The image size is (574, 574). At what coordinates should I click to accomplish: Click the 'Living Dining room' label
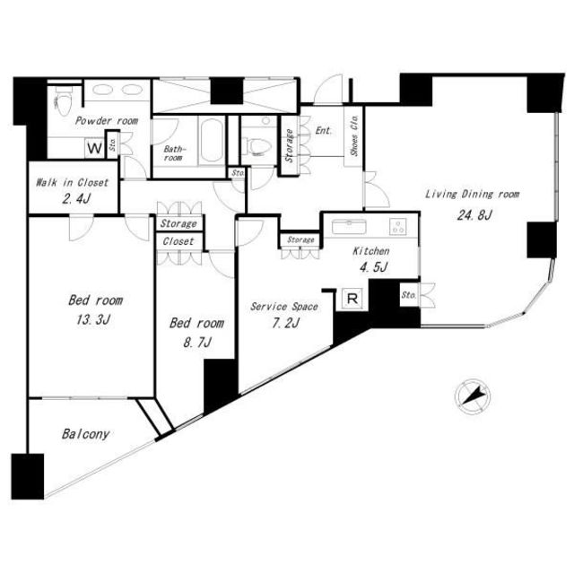tap(471, 194)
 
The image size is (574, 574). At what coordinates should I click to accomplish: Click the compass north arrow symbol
tap(474, 393)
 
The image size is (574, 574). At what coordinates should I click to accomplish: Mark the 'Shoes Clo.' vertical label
tap(355, 134)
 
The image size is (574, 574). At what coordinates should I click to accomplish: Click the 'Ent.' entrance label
tap(324, 131)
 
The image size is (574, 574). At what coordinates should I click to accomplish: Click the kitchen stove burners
tap(397, 226)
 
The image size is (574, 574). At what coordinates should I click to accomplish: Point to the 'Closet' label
tap(179, 241)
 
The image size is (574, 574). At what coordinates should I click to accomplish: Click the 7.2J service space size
tap(285, 323)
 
